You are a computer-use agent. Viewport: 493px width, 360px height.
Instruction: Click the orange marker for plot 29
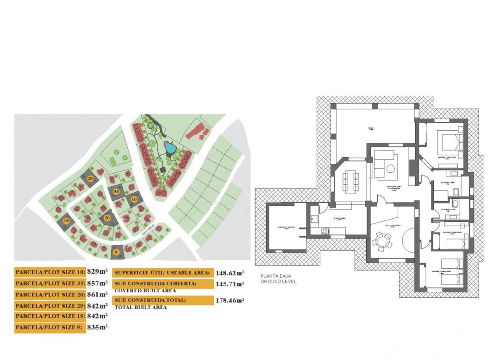90,178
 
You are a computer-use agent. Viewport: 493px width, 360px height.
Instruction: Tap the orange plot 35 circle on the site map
116,191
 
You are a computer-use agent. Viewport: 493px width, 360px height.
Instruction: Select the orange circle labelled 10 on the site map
134,199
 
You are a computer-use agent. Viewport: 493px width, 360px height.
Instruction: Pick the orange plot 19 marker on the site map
67,221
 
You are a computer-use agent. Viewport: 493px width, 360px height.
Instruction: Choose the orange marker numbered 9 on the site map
116,252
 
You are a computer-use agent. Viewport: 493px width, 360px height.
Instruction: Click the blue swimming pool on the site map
170,149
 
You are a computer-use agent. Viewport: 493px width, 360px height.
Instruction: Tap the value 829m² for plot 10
97,272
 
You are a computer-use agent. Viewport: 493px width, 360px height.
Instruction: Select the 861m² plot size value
97,294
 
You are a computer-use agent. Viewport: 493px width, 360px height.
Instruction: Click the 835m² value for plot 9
97,328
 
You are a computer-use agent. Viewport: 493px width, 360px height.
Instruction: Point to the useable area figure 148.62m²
230,273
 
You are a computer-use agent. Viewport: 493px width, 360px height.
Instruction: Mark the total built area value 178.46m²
230,301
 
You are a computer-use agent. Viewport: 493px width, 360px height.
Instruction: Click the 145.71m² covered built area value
230,284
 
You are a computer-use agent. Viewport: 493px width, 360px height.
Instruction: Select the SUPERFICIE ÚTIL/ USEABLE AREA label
162,273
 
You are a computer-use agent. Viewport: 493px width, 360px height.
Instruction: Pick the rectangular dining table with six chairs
351,181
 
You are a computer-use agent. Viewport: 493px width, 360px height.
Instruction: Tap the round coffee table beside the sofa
391,169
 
